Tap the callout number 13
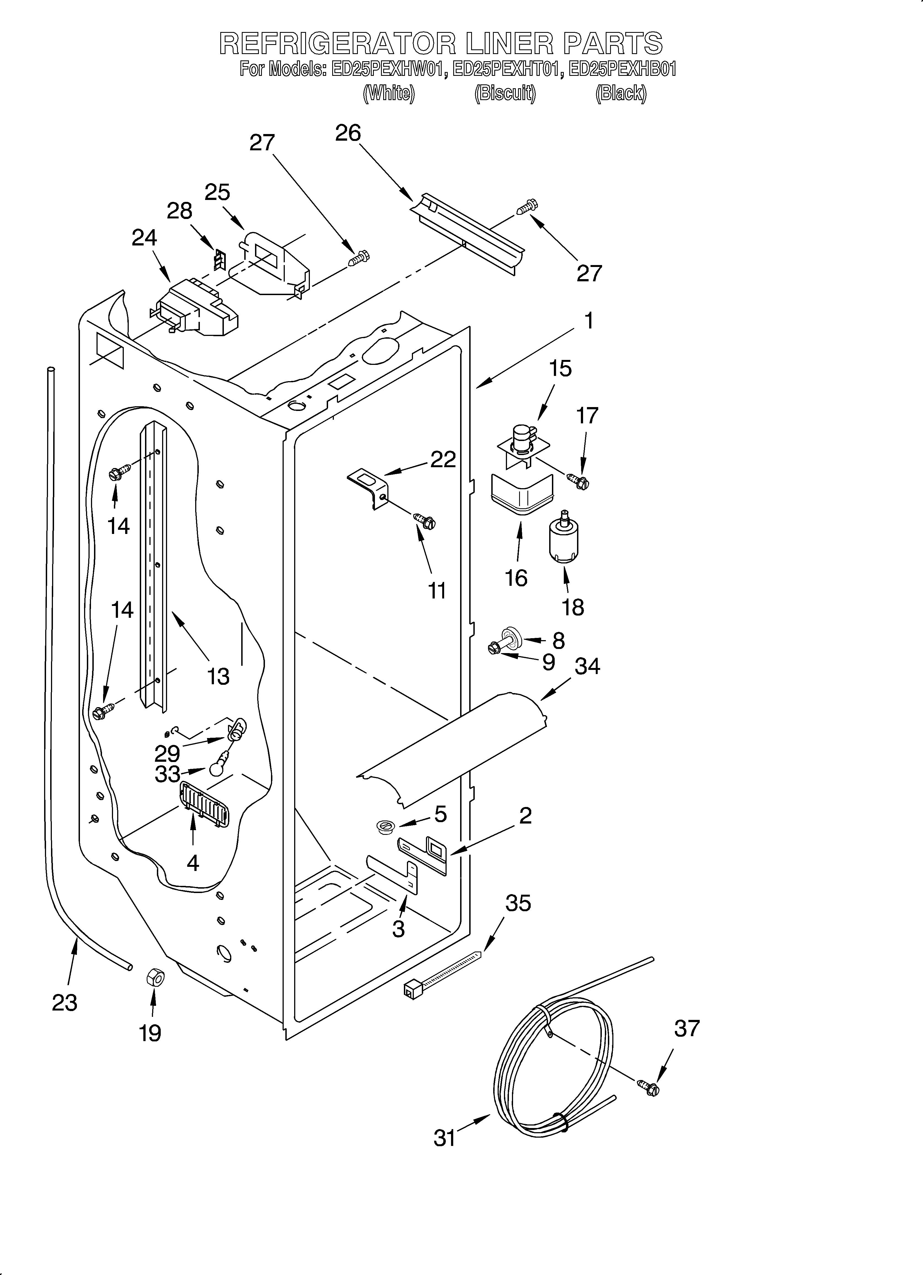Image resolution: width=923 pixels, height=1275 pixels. pyautogui.click(x=218, y=676)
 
